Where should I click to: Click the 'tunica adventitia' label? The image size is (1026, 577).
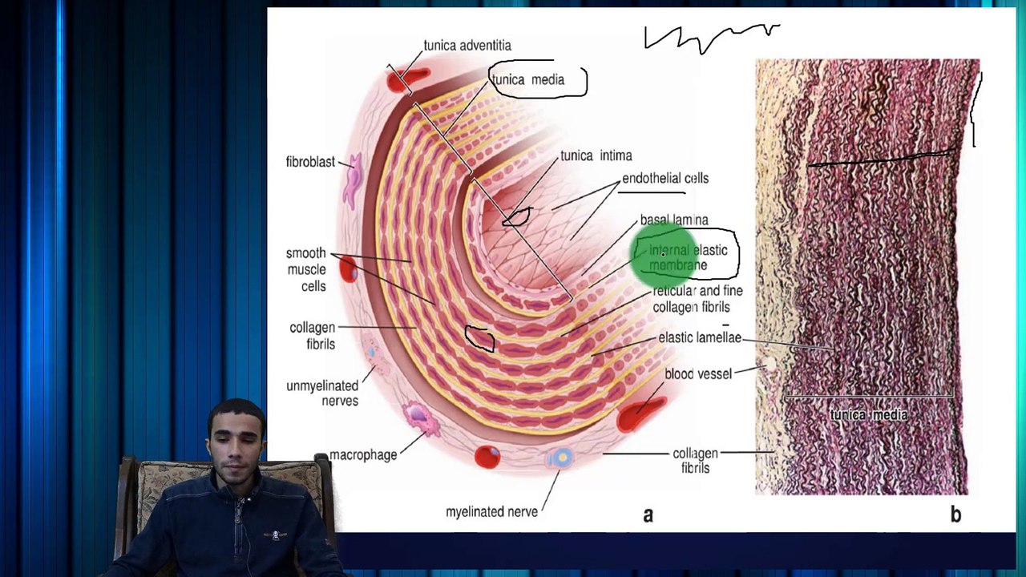(467, 46)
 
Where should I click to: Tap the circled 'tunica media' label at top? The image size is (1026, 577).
(528, 80)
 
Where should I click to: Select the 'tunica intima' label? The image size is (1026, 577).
(596, 155)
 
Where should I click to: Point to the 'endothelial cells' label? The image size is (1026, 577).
(665, 178)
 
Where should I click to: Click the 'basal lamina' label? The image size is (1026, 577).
(673, 220)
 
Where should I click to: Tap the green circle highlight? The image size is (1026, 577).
(664, 254)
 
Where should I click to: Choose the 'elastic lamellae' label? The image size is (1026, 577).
(699, 337)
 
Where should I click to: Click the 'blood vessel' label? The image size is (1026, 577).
(697, 373)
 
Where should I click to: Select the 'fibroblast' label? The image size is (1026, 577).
(310, 162)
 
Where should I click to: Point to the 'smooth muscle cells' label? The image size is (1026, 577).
(306, 269)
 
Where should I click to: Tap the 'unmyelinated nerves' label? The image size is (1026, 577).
(322, 393)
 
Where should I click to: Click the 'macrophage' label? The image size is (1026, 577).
(363, 454)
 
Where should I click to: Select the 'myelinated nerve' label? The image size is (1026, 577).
(491, 511)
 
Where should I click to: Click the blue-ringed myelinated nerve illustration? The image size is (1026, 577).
(560, 458)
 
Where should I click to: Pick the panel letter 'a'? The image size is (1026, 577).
(648, 514)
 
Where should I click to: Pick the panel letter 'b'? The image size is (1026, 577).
(955, 514)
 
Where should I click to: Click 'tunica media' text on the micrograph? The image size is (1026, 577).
(869, 415)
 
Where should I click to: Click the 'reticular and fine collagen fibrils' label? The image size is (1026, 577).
(697, 298)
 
